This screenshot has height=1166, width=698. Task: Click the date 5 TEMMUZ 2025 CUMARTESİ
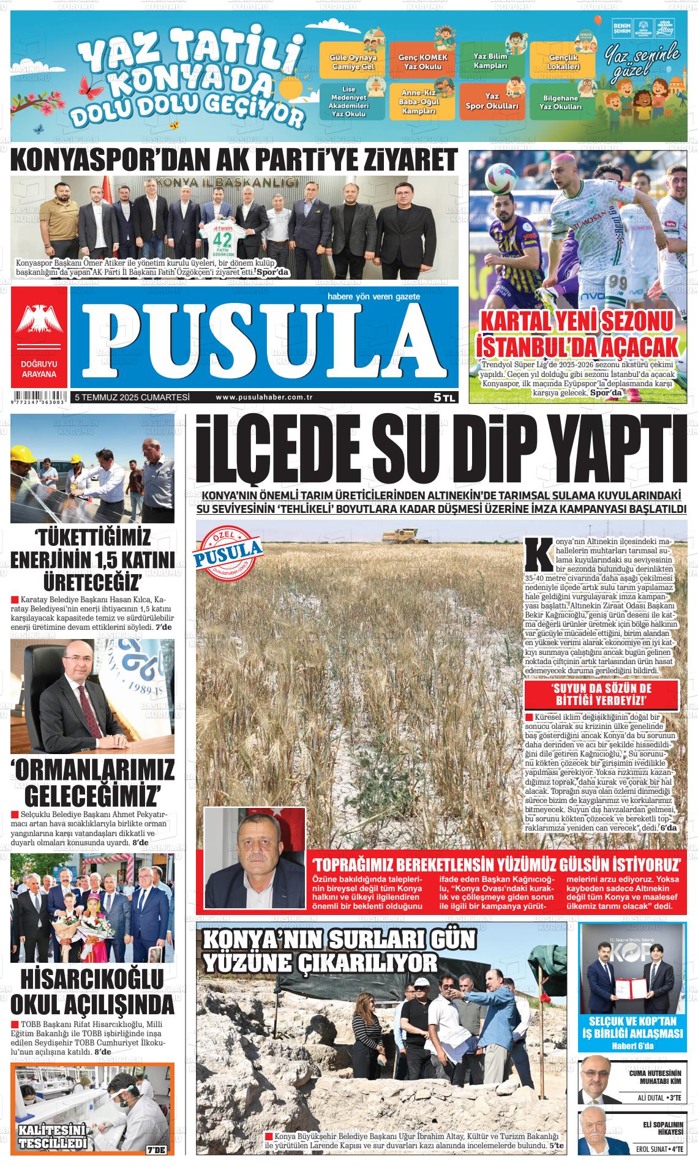tap(132, 397)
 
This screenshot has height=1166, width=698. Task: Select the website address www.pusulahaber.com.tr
tap(265, 397)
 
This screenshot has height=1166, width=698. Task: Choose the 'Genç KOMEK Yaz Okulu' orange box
tap(423, 61)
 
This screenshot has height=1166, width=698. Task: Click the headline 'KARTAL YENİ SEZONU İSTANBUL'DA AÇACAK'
tap(579, 334)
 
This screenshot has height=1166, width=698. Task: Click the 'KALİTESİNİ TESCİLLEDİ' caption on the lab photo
tap(52, 1137)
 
